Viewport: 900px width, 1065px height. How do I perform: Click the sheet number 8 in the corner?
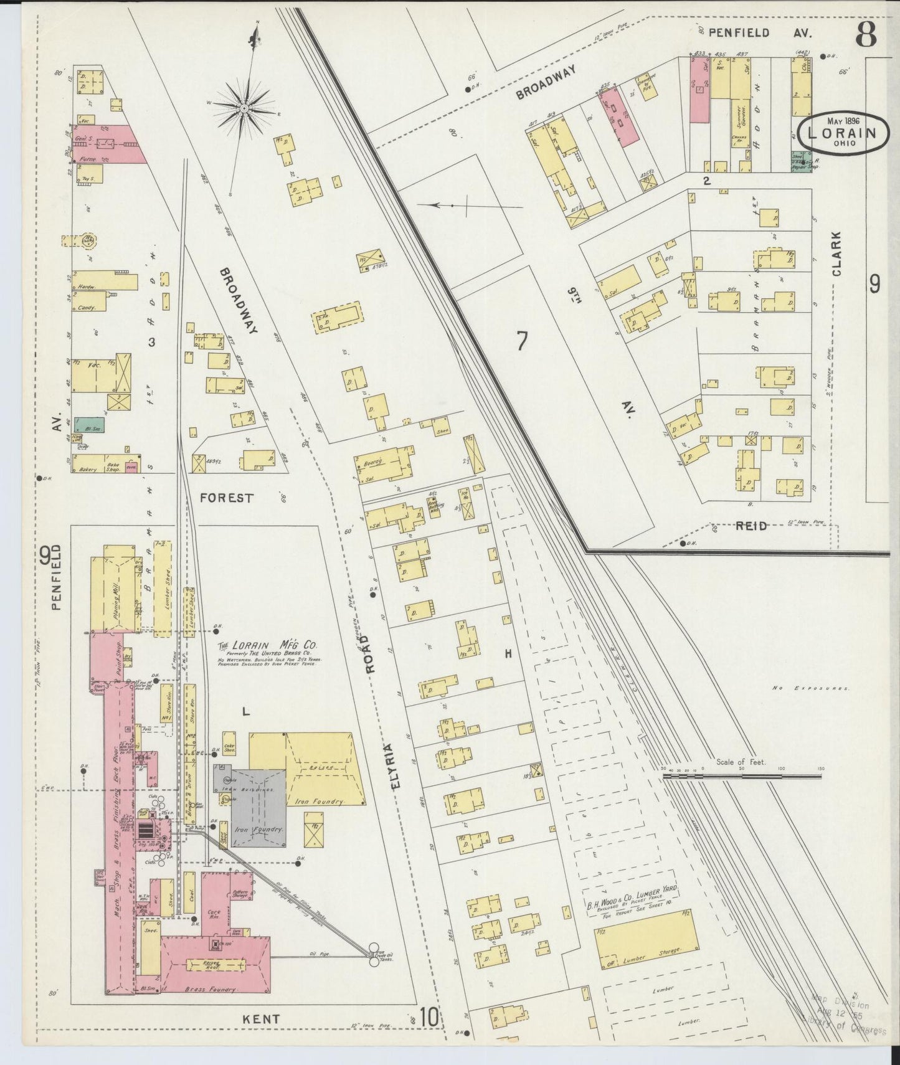[866, 35]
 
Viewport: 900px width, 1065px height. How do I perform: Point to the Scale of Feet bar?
[741, 776]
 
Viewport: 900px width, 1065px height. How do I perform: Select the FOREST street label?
[227, 498]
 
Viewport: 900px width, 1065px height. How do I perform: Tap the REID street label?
[751, 526]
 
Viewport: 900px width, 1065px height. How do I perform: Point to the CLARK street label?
[836, 253]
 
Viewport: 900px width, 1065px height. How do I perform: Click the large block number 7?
[521, 341]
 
